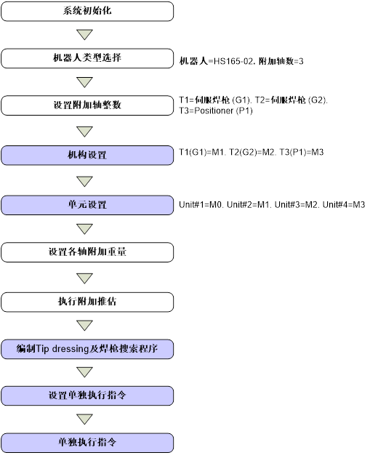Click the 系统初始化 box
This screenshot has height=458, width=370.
tap(87, 11)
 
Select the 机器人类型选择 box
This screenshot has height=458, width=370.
tap(87, 58)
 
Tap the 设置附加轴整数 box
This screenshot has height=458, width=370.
tap(87, 105)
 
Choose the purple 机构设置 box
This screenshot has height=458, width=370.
tap(87, 155)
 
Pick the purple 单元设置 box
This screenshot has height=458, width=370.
tap(87, 205)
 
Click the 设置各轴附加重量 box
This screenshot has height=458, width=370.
tap(87, 252)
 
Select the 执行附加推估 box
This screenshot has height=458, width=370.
tap(87, 302)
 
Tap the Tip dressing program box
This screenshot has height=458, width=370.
tap(87, 349)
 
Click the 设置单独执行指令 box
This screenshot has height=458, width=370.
tap(87, 395)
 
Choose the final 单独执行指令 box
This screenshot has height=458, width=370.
tap(87, 443)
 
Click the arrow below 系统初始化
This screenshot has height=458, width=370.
tap(85, 34)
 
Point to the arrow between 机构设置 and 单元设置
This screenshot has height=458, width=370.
tap(85, 181)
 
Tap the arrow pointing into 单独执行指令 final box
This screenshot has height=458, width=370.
tap(85, 419)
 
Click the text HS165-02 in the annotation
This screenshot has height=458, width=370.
tap(233, 61)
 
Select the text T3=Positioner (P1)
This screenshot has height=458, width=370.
tap(216, 111)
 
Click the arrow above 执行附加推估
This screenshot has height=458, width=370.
tap(85, 278)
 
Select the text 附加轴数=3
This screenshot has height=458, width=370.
tap(281, 61)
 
